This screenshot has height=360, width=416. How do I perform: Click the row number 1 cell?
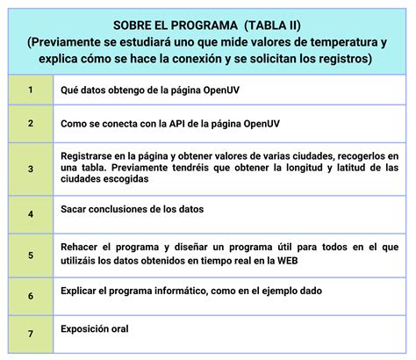pos(31,90)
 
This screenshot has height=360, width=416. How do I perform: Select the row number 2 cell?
pos(31,124)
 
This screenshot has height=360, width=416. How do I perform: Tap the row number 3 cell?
pos(31,168)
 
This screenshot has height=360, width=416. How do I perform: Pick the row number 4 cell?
pos(31,213)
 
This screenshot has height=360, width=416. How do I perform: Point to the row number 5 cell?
pos(31,256)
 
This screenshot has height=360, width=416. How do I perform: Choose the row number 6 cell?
pos(31,296)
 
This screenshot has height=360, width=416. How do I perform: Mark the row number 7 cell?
pos(31,333)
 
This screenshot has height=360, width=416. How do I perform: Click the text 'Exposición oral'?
pos(95,329)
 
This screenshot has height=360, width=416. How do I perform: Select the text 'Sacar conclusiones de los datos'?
pos(132,210)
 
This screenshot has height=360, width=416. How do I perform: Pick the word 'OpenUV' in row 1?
pos(234,90)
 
